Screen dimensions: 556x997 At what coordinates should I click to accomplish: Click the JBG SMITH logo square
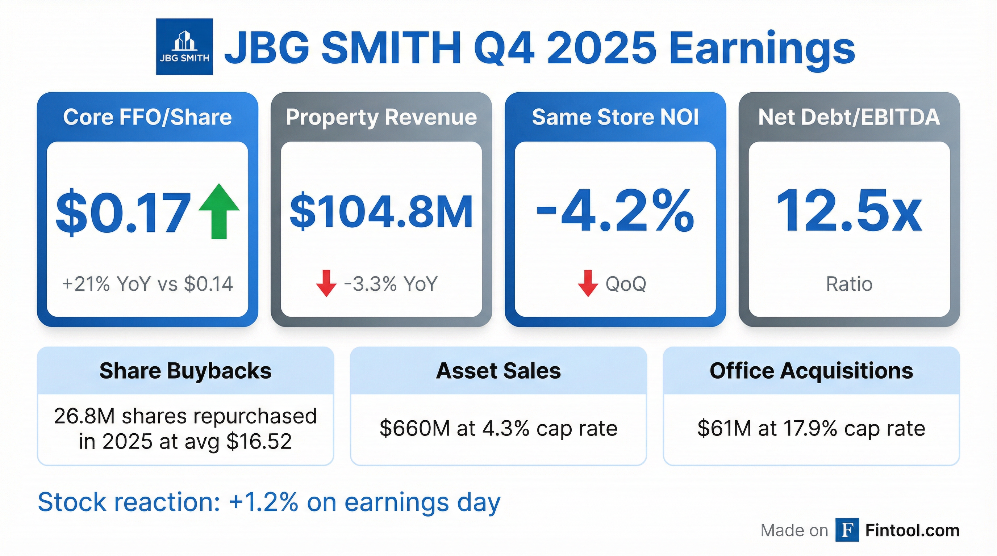(184, 47)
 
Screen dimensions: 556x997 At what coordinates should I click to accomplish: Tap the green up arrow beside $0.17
(219, 211)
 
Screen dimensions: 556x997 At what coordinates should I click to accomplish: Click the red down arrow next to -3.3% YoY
(326, 283)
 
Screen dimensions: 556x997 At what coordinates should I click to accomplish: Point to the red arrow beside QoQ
(588, 283)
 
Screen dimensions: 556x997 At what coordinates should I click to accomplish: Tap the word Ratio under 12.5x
(849, 284)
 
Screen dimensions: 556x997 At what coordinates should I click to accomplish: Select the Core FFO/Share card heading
(147, 117)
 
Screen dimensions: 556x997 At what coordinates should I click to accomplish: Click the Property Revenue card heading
(381, 117)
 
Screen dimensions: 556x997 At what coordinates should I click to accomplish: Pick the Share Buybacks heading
(185, 371)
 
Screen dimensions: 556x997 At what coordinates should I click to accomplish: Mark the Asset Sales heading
(498, 371)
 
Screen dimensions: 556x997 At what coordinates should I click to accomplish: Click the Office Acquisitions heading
(811, 371)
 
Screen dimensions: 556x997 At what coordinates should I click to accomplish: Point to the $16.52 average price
(259, 442)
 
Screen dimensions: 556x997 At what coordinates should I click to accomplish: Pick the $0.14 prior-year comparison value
(209, 284)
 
